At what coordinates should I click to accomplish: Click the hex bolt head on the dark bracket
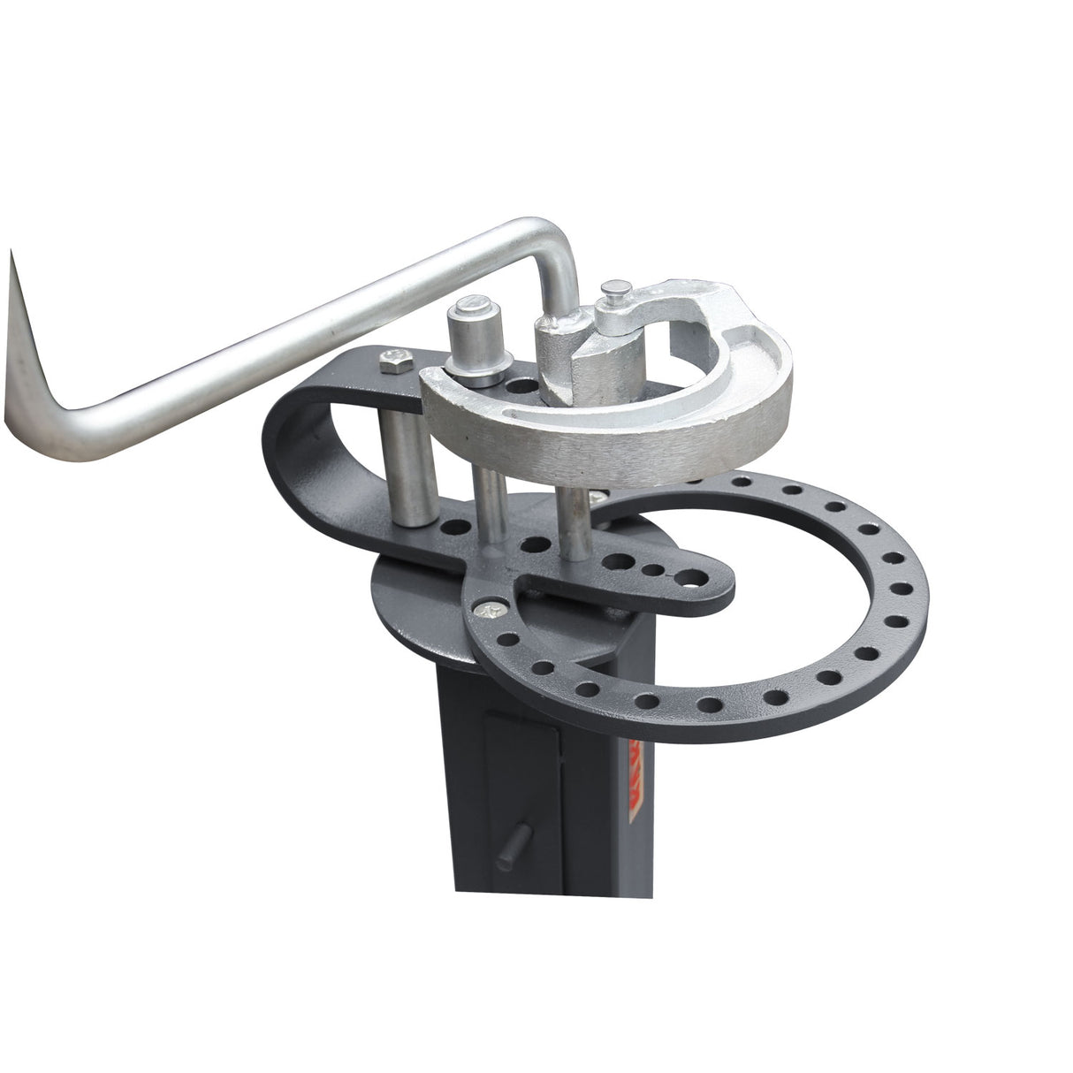point(393,359)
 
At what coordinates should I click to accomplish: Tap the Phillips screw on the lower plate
point(487,608)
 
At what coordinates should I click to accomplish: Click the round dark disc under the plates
point(415,619)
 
